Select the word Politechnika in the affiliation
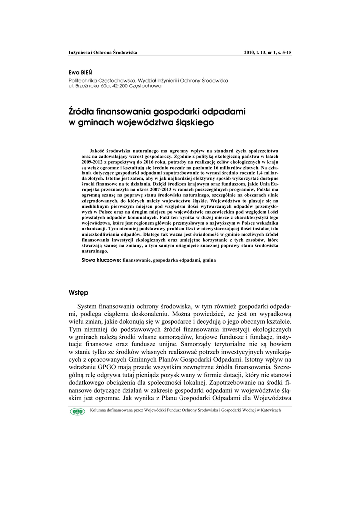[83, 80]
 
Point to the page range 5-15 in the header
[285, 52]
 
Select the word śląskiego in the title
[193, 122]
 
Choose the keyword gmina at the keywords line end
[208, 260]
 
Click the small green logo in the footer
[78, 411]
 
